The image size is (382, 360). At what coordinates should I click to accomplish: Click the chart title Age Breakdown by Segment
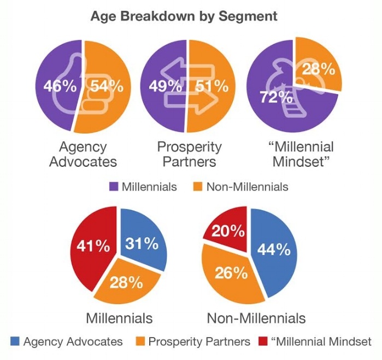[x=184, y=16]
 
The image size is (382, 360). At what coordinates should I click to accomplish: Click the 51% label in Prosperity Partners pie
[x=213, y=86]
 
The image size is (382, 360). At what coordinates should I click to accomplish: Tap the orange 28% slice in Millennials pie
[x=127, y=283]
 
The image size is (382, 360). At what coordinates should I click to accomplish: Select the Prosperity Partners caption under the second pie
[x=189, y=154]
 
